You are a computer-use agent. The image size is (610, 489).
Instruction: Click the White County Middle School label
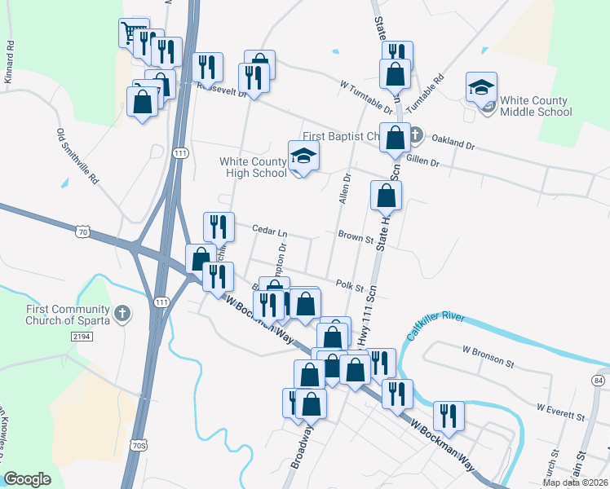[x=536, y=107]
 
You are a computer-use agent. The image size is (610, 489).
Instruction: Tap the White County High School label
[x=253, y=167]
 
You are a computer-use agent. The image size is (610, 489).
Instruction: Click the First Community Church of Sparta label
[x=55, y=315]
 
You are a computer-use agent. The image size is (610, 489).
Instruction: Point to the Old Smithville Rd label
[x=77, y=155]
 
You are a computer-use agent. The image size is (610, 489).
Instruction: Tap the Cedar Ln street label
[x=269, y=230]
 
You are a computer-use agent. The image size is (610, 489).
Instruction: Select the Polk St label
[x=349, y=284]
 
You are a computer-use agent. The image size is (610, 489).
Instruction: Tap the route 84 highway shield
[x=599, y=381]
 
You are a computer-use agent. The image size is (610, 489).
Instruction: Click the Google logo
[x=27, y=479]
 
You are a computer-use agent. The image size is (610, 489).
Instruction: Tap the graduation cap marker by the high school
[x=303, y=156]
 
